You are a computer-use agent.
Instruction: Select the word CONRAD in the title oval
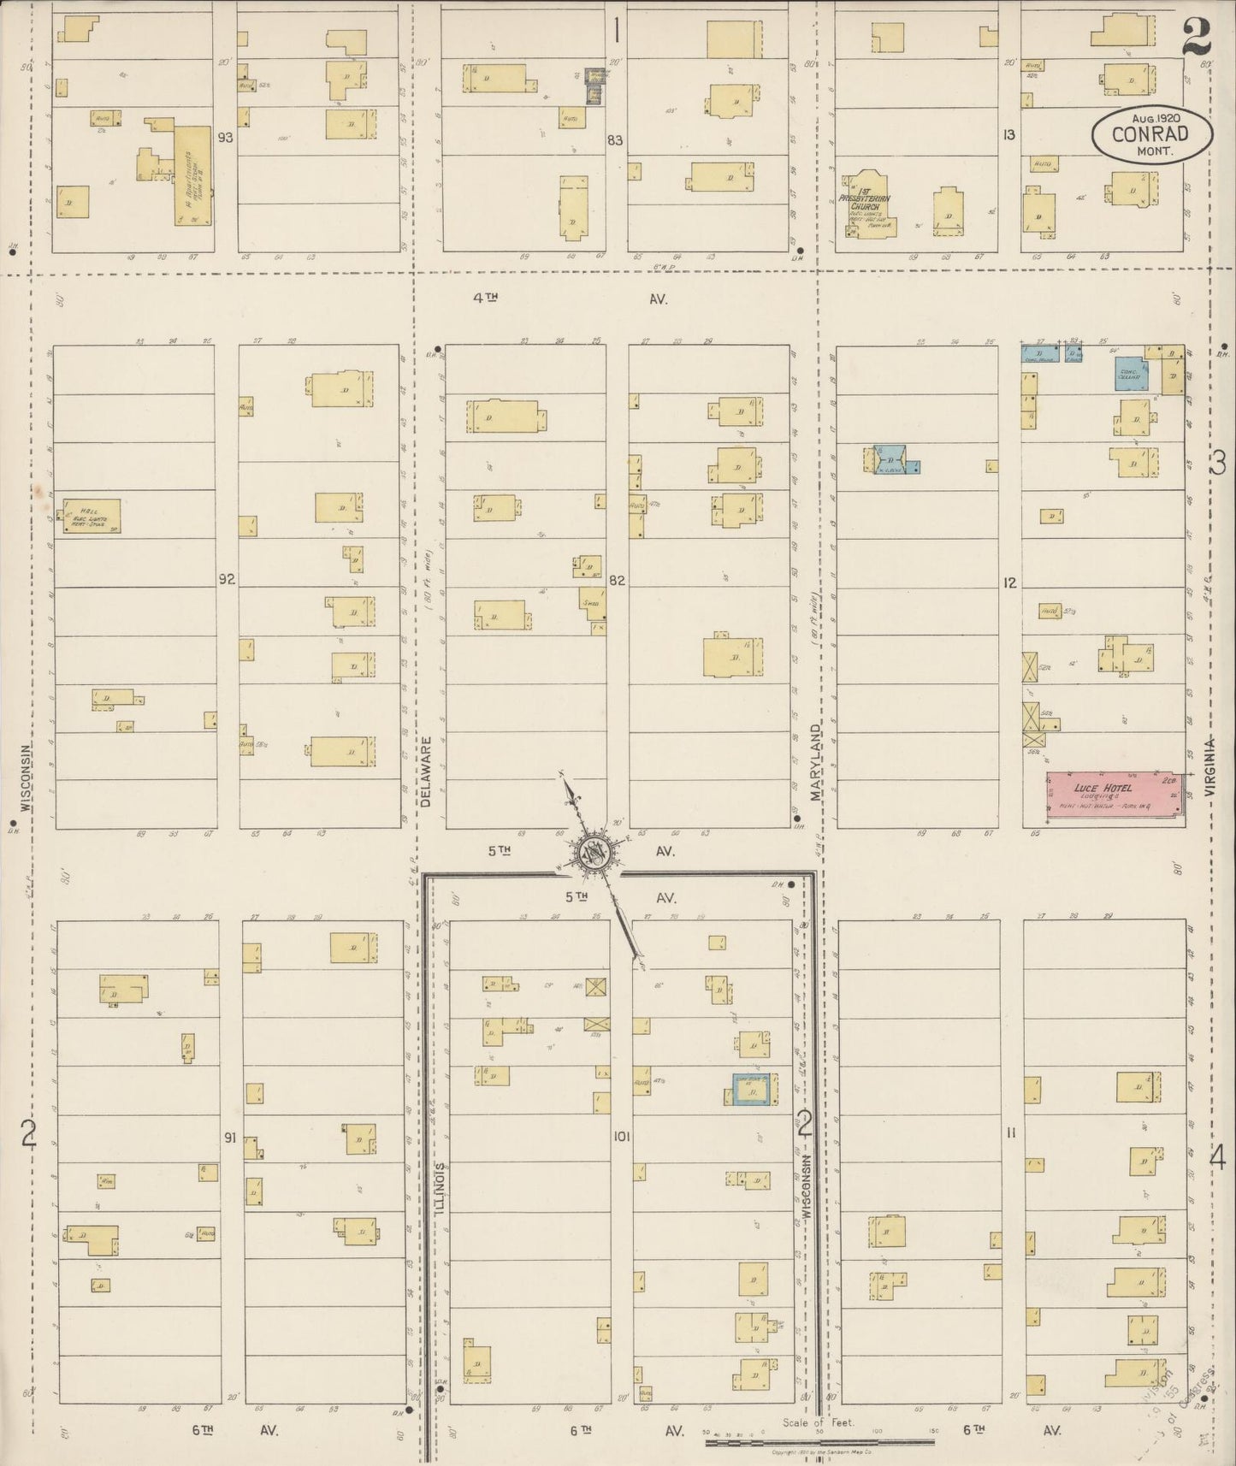coord(1150,134)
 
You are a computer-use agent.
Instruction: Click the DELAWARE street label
coord(425,773)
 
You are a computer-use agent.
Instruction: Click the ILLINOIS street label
coord(441,1189)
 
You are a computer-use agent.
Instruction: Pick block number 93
coord(225,137)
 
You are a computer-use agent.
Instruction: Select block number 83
coord(615,140)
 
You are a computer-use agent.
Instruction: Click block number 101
coord(621,1137)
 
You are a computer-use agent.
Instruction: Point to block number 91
coord(229,1138)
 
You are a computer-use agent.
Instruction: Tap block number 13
coord(1009,134)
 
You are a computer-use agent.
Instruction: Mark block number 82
coord(617,580)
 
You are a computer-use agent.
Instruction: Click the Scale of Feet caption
coord(819,1423)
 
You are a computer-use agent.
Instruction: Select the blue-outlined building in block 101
coord(754,1090)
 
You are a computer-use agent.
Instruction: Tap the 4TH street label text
coord(485,299)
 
